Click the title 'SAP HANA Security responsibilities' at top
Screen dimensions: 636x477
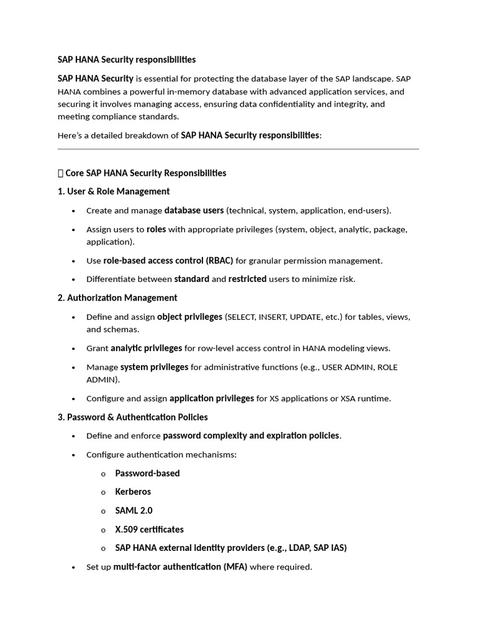click(x=126, y=60)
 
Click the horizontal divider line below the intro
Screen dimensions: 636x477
click(x=238, y=149)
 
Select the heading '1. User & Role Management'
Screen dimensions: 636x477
click(x=114, y=191)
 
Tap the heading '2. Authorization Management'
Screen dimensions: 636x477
click(x=117, y=298)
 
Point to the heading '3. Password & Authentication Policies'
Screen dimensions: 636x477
click(x=132, y=417)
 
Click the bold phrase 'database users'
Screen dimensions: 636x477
click(x=194, y=211)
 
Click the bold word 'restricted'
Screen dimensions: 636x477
click(x=247, y=279)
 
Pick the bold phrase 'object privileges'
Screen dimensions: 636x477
click(x=189, y=317)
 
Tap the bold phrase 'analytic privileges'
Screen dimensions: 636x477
click(x=146, y=348)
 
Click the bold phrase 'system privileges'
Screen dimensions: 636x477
click(x=154, y=367)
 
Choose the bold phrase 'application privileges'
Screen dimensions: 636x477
click(x=211, y=398)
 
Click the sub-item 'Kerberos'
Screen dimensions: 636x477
click(x=133, y=491)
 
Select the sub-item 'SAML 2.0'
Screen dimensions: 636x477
click(x=134, y=511)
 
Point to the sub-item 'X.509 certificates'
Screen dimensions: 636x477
click(x=149, y=529)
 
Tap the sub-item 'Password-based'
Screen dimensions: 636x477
click(x=147, y=473)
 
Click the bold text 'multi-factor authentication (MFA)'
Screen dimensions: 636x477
click(x=180, y=567)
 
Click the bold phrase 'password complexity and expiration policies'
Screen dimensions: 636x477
click(x=251, y=435)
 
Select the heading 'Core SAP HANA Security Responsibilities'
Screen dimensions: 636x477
click(x=145, y=173)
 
